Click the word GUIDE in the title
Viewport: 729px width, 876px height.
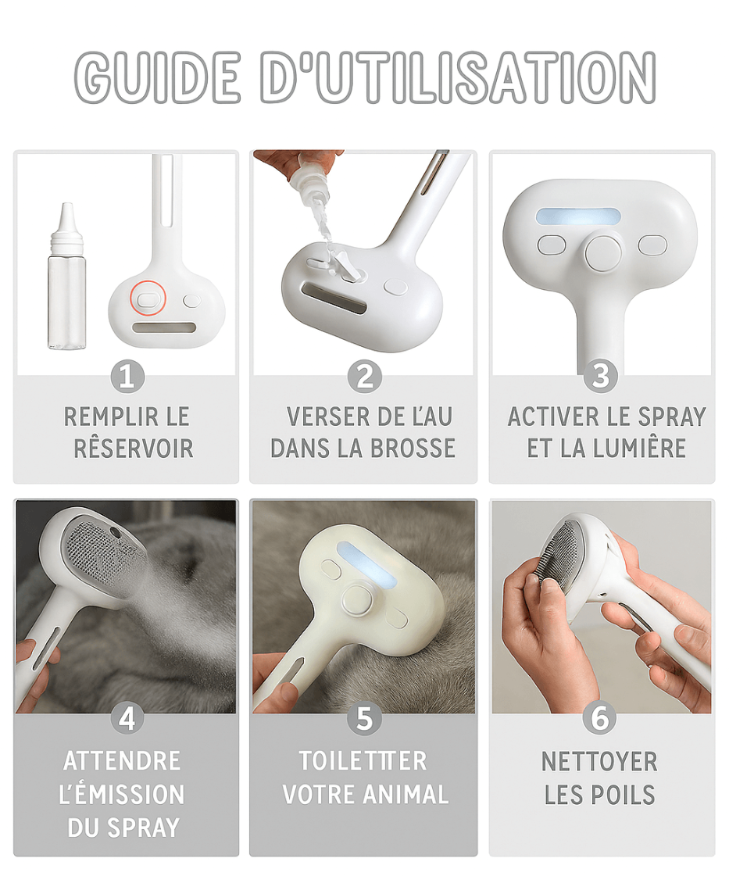point(158,77)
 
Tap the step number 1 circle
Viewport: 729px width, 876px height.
point(127,377)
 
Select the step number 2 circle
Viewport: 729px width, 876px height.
point(364,377)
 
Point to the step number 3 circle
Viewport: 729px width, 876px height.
point(601,376)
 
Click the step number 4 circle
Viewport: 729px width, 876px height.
point(127,718)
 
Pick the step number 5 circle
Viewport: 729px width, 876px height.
point(364,718)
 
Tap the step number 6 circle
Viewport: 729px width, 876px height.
point(600,718)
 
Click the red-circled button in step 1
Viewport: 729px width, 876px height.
point(148,299)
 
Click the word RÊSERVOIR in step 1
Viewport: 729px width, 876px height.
point(134,449)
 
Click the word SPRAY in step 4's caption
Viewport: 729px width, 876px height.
point(144,828)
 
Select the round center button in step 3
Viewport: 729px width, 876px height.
point(603,251)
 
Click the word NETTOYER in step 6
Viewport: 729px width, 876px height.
point(599,761)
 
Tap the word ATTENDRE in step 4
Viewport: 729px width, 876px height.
point(123,761)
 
